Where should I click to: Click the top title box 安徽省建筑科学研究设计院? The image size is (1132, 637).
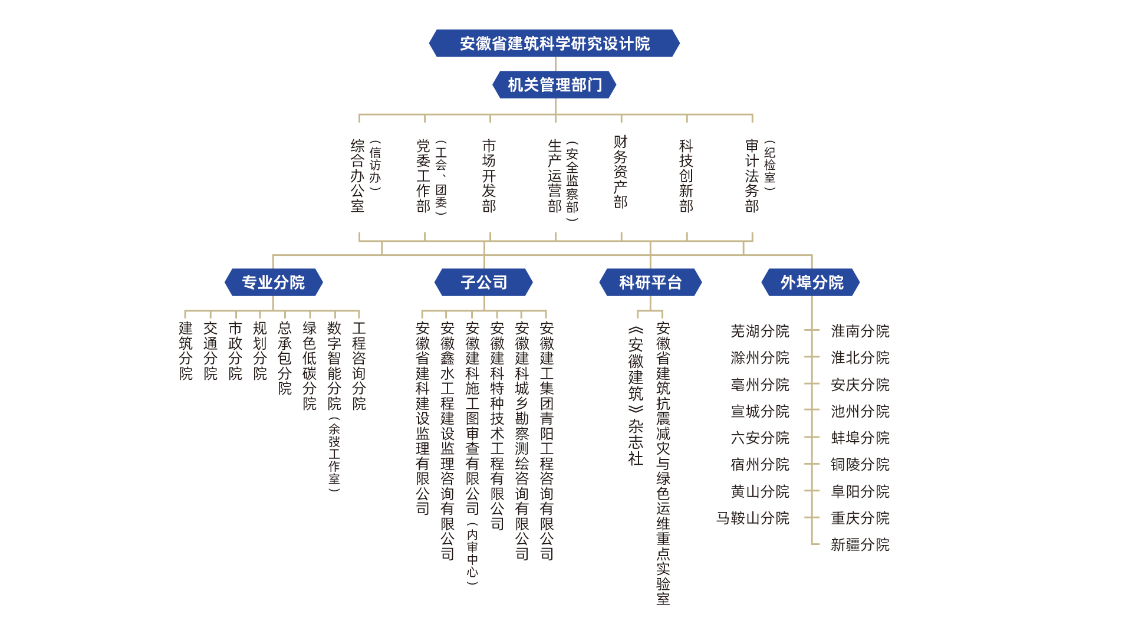[554, 43]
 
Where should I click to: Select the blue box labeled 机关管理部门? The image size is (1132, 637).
[554, 85]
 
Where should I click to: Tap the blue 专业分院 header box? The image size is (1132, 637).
[274, 283]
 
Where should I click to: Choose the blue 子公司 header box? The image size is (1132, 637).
[483, 283]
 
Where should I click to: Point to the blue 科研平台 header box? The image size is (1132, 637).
[650, 283]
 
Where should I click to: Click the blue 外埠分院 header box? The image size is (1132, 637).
[811, 283]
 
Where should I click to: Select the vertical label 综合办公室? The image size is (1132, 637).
[357, 176]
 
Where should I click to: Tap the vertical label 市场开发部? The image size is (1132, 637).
[489, 176]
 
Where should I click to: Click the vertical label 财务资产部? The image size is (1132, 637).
[620, 172]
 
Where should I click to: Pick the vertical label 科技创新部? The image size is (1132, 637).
[686, 176]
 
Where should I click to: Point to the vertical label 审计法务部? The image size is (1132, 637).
[752, 176]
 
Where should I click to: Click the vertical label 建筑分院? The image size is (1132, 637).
[186, 351]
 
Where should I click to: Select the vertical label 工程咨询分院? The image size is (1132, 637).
[359, 366]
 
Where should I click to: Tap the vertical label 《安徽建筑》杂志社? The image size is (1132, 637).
[636, 396]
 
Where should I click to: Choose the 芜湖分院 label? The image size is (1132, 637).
[760, 331]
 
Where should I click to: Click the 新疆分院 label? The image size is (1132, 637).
[860, 544]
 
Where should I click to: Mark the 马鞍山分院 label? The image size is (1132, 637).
[753, 518]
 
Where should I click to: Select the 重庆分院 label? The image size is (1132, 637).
[860, 518]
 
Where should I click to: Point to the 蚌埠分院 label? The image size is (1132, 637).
[860, 438]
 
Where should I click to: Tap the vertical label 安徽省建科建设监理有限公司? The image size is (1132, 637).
[423, 419]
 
